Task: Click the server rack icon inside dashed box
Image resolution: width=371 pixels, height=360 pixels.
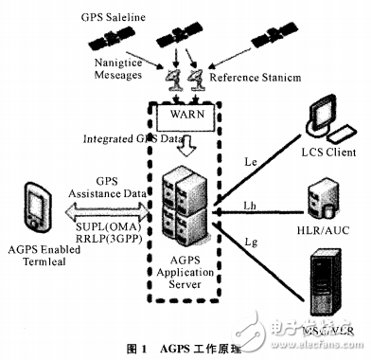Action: tap(187, 204)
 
